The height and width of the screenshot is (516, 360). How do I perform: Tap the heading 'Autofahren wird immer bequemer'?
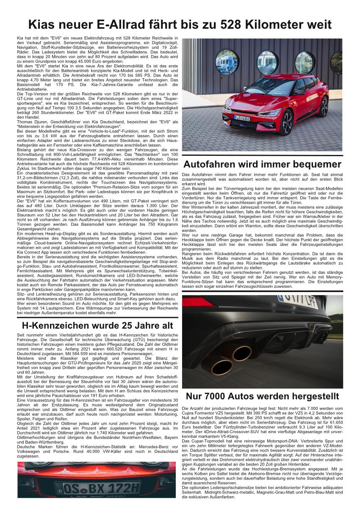coord(262,164)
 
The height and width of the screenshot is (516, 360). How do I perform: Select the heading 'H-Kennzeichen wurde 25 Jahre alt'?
coord(97,325)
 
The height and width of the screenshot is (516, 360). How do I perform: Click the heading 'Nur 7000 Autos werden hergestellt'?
coord(262,396)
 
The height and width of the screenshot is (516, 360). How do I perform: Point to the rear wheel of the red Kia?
coord(324,107)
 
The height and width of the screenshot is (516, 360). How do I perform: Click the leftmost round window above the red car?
coord(227,62)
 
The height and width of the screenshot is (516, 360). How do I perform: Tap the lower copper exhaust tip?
coord(222,367)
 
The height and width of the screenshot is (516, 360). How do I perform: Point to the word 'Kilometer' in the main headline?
coord(279,25)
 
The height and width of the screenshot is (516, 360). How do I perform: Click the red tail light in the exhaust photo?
coord(199,302)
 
